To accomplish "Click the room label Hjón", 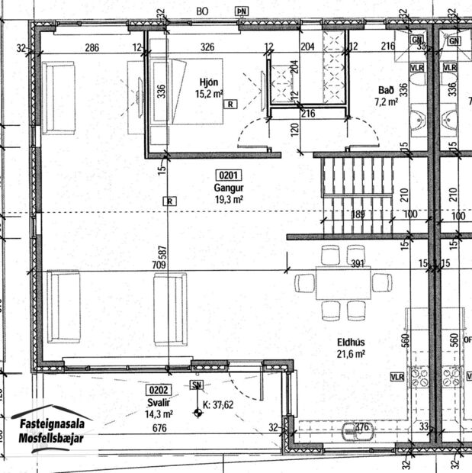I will point(209,82).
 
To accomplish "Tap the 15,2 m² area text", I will point(208,94).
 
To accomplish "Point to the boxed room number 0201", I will point(229,174).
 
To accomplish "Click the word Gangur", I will point(228,187).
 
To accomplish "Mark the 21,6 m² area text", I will point(350,355).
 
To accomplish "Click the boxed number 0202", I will point(159,390).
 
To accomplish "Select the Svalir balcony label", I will point(159,402).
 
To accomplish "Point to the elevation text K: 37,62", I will point(218,406).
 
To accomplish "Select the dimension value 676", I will point(159,429).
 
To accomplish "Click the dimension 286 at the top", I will point(92,47).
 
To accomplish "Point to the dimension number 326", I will point(207,47).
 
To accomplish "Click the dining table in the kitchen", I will point(343,282).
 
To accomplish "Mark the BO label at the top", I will point(202,11).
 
